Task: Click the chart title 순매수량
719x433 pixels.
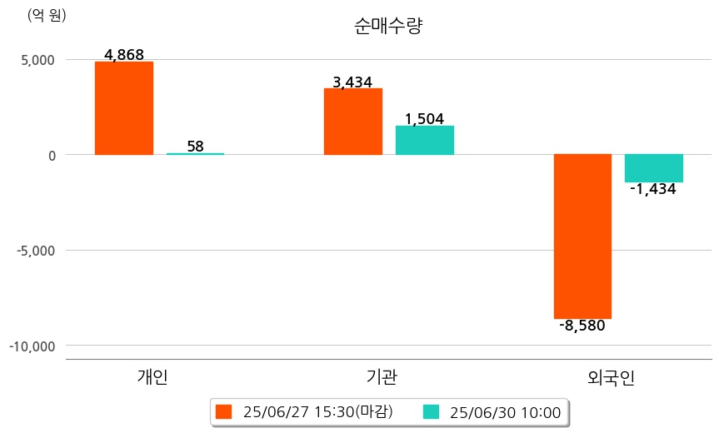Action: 388,27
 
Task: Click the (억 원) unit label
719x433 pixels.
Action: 47,15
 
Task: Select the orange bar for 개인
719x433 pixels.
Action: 123,108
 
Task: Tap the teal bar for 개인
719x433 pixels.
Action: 195,154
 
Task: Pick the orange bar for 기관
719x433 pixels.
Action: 352,122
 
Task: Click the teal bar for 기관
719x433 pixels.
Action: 424,140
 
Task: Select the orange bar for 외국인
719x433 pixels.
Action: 582,236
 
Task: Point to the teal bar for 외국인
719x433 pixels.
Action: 653,168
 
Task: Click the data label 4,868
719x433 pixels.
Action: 123,55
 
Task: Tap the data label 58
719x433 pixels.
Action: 195,147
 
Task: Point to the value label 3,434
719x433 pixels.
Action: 352,82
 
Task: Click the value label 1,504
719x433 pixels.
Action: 424,118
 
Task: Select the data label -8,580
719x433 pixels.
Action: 582,326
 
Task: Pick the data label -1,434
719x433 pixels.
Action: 653,189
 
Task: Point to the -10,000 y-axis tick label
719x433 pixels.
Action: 32,346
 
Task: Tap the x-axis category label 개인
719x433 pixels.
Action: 152,376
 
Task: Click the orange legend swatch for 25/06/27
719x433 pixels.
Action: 223,411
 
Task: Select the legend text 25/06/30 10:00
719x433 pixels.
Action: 505,411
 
